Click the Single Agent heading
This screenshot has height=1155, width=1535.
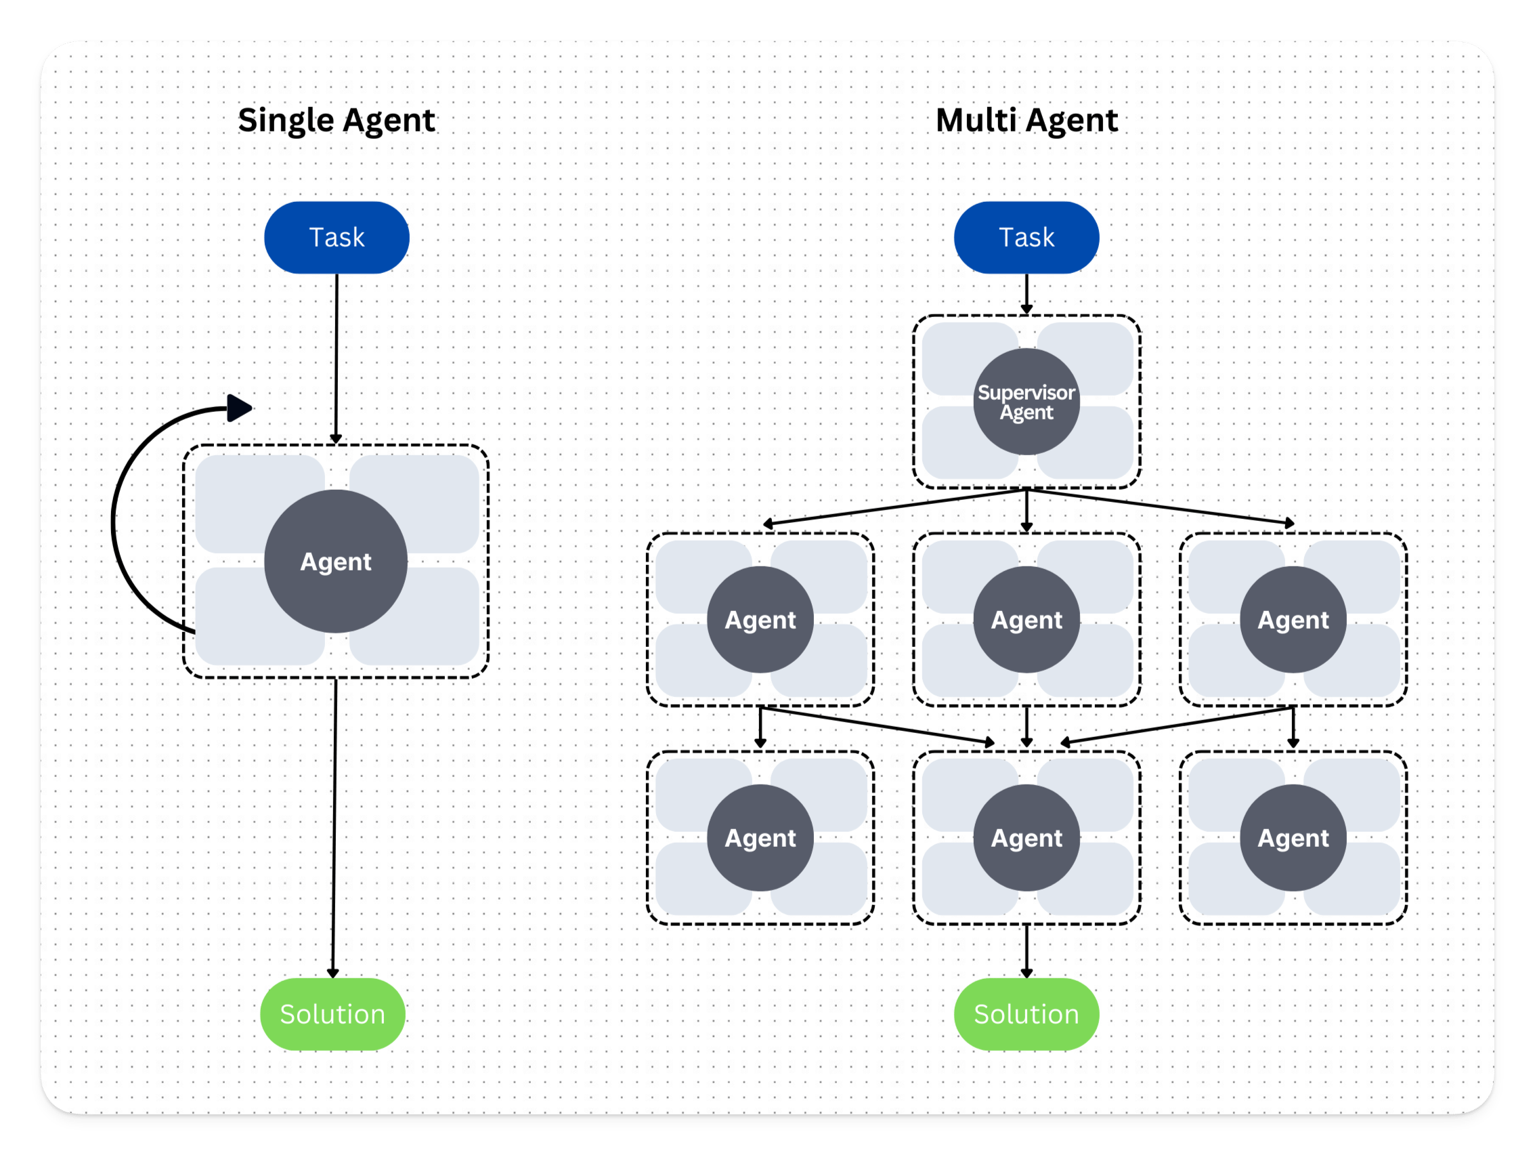pos(336,120)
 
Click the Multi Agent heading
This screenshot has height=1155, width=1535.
pos(1026,120)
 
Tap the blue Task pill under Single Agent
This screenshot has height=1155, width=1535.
pos(337,237)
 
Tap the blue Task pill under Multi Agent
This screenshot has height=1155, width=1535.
pos(1026,237)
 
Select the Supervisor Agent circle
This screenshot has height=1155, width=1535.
pos(1026,402)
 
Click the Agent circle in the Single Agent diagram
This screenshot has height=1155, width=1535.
pos(336,561)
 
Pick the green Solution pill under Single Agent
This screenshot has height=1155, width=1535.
pos(332,1014)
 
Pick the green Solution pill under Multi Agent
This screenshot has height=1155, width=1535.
pos(1026,1014)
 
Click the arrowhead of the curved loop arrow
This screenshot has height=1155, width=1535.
pos(239,408)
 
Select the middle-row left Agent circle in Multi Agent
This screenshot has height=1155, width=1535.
pos(760,619)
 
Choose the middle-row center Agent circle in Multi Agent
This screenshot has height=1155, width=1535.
pos(1026,619)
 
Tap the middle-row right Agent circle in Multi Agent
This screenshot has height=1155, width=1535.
pos(1293,619)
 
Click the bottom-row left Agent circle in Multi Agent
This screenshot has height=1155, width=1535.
pos(760,838)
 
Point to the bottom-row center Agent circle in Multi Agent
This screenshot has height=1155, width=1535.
pos(1026,838)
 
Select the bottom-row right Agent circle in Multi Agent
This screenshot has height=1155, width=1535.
pos(1293,838)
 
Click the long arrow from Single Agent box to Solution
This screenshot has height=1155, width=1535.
pos(334,826)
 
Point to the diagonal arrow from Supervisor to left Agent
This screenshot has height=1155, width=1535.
pos(895,507)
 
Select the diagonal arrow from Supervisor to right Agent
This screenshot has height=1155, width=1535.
pos(1159,506)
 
